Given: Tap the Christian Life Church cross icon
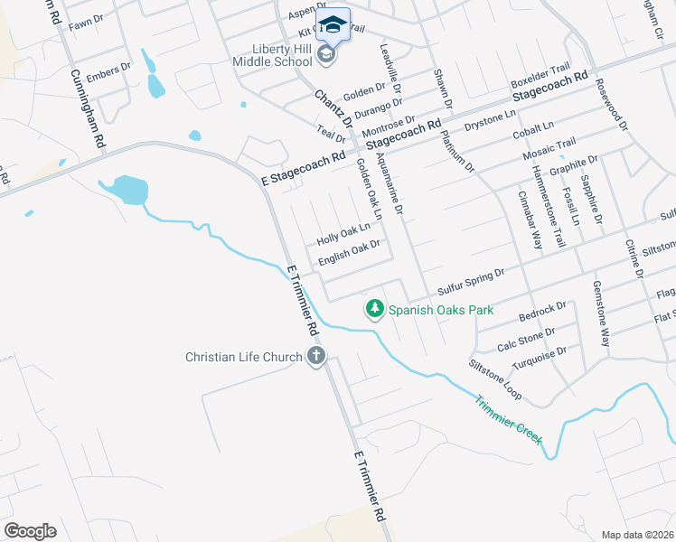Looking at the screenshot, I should pyautogui.click(x=315, y=357).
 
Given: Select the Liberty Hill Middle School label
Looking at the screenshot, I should pyautogui.click(x=271, y=54).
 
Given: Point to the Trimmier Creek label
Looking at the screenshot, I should pyautogui.click(x=509, y=416).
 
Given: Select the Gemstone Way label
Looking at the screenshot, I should pyautogui.click(x=601, y=313).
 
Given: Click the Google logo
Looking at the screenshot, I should pyautogui.click(x=30, y=530).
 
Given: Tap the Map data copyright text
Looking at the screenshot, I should pyautogui.click(x=637, y=535).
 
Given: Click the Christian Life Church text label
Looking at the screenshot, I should pyautogui.click(x=243, y=358).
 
